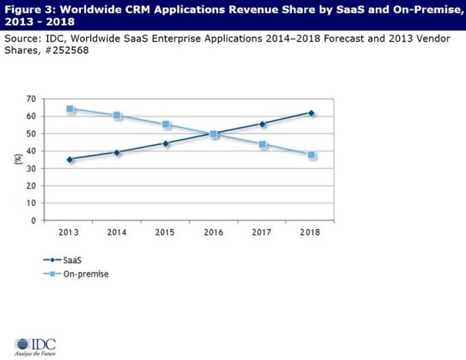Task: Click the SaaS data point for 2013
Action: point(70,160)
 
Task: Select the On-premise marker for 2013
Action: point(70,109)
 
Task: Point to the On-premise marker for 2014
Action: point(118,116)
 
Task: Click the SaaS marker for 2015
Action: point(166,143)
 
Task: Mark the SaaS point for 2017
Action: point(263,124)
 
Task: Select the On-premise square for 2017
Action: point(263,144)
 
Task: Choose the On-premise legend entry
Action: point(73,275)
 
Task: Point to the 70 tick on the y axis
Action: point(32,99)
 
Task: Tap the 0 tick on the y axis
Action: point(34,220)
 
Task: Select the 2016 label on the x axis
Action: point(215,231)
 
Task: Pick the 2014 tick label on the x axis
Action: point(118,231)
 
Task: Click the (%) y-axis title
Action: point(17,160)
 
